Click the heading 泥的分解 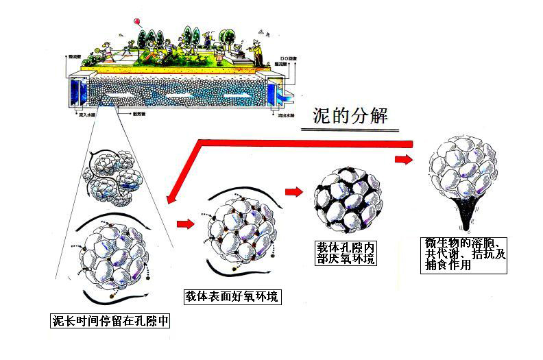click(349, 114)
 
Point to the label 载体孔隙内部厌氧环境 click(346, 252)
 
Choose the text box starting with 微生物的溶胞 click(463, 254)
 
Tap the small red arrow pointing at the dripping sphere click(403, 159)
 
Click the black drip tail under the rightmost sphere click(468, 218)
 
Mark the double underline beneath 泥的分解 click(349, 128)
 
